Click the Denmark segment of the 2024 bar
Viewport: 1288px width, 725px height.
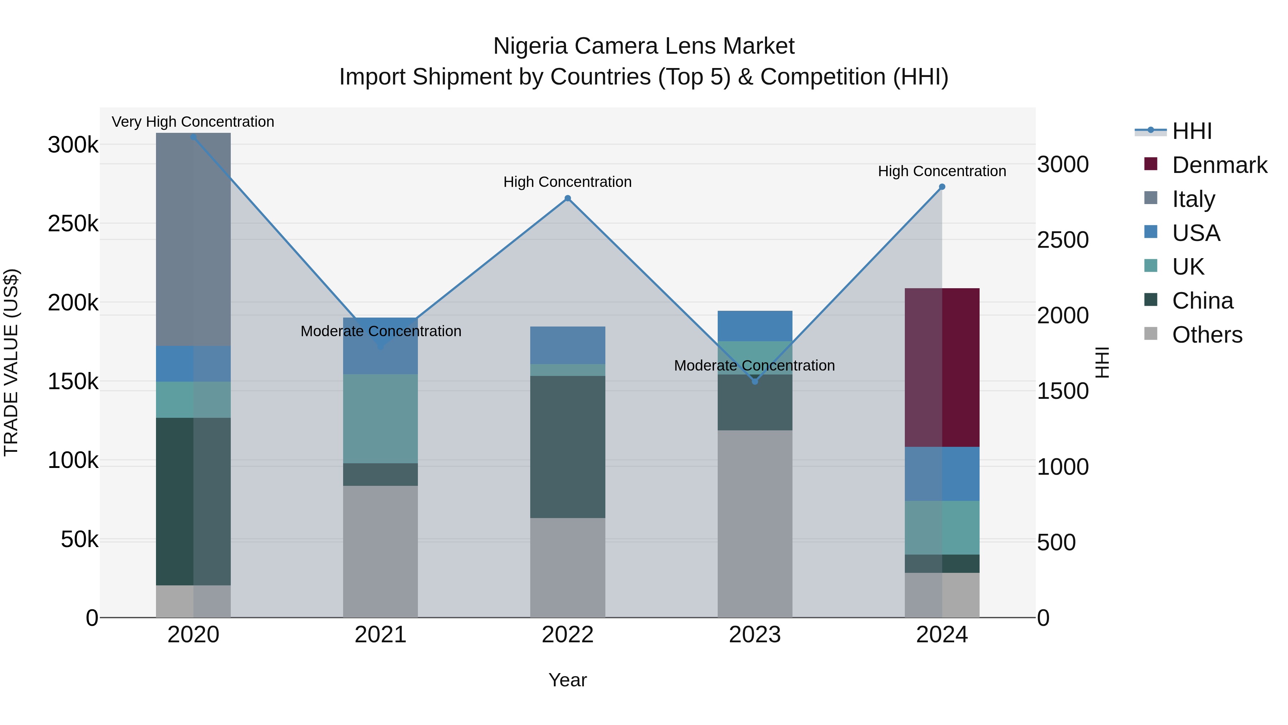[x=942, y=367]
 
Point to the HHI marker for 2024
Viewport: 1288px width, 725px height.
[x=942, y=187]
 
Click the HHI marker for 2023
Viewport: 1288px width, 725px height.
[x=755, y=381]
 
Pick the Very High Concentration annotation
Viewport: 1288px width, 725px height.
[x=193, y=122]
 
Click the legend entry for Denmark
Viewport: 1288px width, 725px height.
[x=1219, y=165]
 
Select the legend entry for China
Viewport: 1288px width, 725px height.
[x=1202, y=301]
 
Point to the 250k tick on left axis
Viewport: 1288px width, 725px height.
[x=73, y=224]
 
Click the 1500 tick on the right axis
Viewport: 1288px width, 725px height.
[x=1063, y=391]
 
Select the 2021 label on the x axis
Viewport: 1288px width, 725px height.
[x=381, y=635]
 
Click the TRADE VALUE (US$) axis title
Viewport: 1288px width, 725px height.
[x=11, y=362]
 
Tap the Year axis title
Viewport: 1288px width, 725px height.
[x=567, y=680]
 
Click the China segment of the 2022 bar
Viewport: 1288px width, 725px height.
[x=567, y=446]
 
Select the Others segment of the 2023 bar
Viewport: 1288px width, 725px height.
[x=755, y=523]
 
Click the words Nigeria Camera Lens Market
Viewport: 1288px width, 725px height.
[x=644, y=46]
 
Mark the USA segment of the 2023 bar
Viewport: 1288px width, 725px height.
[x=755, y=326]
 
